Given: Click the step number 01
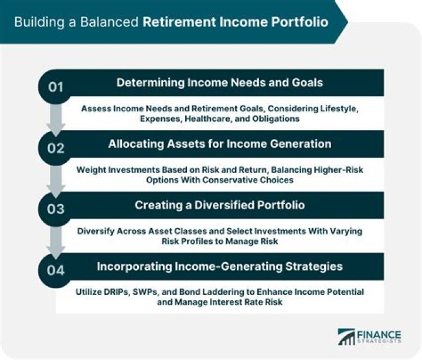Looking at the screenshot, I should [56, 87].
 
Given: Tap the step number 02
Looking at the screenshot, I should [56, 148].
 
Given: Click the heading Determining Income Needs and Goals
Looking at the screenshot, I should [219, 83].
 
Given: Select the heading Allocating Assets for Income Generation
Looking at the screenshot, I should [219, 144].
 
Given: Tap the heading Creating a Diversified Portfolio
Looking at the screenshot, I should [219, 205].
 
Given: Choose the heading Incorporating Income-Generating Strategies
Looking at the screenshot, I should [219, 267].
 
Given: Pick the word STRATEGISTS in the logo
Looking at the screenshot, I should [382, 342].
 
